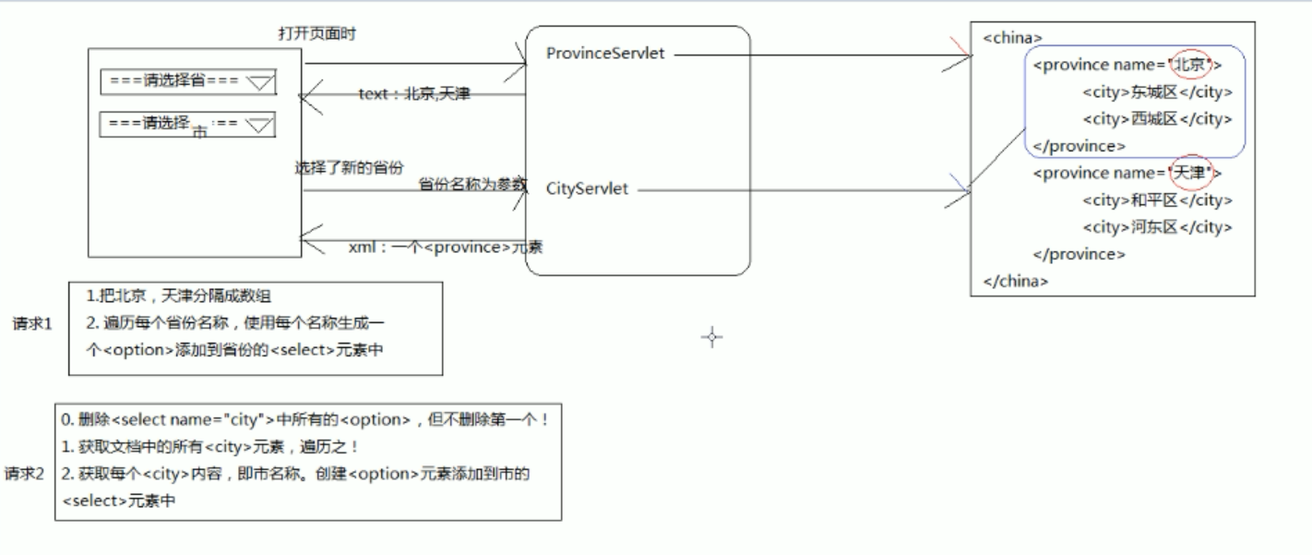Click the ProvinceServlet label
pyautogui.click(x=605, y=54)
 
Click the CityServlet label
pyautogui.click(x=587, y=189)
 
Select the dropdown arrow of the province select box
pyautogui.click(x=261, y=83)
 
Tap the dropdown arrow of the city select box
pyautogui.click(x=261, y=125)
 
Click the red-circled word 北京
pyautogui.click(x=1190, y=65)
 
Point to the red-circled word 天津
pyautogui.click(x=1190, y=173)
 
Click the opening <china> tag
pyautogui.click(x=1012, y=38)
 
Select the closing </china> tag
pyautogui.click(x=1016, y=282)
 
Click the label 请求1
pyautogui.click(x=33, y=324)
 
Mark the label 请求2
pyautogui.click(x=25, y=474)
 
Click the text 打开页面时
pyautogui.click(x=316, y=33)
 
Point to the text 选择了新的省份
pyautogui.click(x=349, y=168)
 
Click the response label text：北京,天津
pyautogui.click(x=414, y=94)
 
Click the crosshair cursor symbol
pyautogui.click(x=711, y=337)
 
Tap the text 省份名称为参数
pyautogui.click(x=471, y=184)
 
